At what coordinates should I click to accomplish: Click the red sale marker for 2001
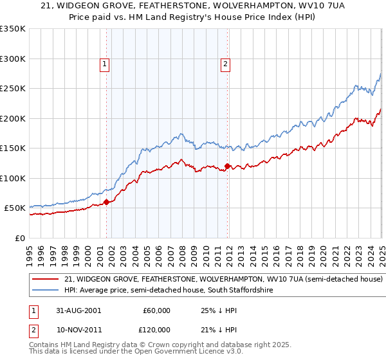pyautogui.click(x=106, y=202)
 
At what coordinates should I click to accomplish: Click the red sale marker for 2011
pyautogui.click(x=227, y=166)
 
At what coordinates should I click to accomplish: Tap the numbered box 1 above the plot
pyautogui.click(x=104, y=63)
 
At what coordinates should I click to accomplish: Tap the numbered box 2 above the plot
pyautogui.click(x=226, y=63)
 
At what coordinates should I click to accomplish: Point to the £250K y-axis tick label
pyautogui.click(x=13, y=89)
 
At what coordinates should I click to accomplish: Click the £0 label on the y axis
pyautogui.click(x=19, y=238)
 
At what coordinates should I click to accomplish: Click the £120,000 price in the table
pyautogui.click(x=156, y=329)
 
